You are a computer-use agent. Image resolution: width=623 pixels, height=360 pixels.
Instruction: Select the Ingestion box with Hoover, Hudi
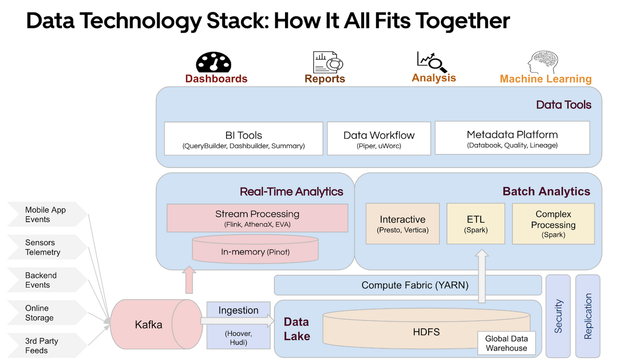[238, 325]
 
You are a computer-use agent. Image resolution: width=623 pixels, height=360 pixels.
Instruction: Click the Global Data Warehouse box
[506, 343]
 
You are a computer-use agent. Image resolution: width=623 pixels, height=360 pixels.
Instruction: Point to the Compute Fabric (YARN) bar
[407, 285]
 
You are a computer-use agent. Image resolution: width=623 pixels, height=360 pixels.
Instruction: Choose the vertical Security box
[558, 316]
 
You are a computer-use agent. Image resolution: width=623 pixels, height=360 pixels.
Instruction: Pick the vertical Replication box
[587, 316]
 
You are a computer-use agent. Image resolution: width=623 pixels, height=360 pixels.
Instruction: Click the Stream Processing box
[257, 218]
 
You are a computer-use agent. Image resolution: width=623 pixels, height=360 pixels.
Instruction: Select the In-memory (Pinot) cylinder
[255, 250]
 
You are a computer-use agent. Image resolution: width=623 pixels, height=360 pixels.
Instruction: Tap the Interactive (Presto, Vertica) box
[402, 223]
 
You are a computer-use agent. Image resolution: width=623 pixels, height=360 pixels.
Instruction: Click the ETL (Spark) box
[475, 223]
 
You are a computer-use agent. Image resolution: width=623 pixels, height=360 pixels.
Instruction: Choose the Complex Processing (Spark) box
[553, 223]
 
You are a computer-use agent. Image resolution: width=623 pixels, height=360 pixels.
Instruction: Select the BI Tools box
[244, 138]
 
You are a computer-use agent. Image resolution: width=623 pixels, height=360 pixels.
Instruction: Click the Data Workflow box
[379, 138]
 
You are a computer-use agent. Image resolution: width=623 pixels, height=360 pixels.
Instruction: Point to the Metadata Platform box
[512, 138]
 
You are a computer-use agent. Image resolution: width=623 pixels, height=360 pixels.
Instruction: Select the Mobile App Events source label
[46, 215]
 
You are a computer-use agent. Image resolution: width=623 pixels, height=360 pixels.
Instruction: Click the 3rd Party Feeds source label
[42, 346]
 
